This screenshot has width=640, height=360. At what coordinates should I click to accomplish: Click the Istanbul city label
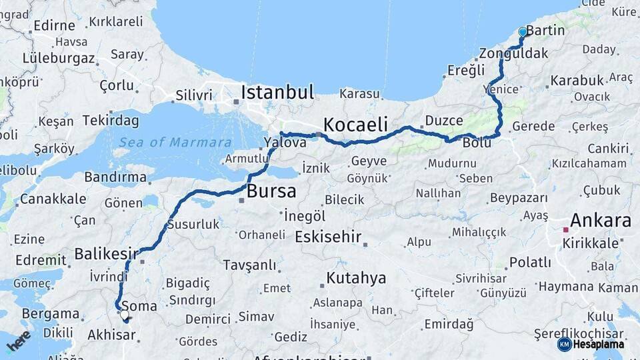coord(277,92)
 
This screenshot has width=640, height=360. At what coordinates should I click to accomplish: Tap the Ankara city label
coord(600,221)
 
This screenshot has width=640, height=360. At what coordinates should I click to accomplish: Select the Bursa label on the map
coord(271,192)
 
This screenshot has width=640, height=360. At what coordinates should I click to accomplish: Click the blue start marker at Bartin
coord(523,32)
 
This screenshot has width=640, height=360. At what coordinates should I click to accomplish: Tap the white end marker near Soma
coord(124,314)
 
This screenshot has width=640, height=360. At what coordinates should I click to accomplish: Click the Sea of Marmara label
coord(175,142)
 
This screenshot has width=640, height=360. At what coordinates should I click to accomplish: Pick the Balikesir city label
coord(106,253)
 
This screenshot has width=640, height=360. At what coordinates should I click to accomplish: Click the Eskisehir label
coord(328,237)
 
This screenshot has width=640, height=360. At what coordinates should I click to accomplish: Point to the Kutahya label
coord(356,277)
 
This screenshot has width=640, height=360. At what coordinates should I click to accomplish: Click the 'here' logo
coord(19,341)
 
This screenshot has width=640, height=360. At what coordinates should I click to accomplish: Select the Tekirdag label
coord(111,121)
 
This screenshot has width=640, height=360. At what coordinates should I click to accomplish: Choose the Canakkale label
coord(53,199)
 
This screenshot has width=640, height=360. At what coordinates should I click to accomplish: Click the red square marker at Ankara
coord(566,230)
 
